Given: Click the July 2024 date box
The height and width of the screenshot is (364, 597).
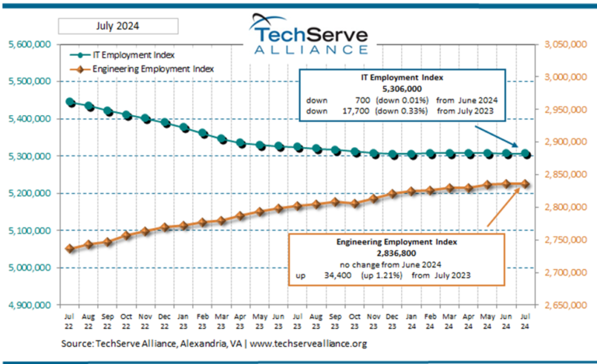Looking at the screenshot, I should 118,26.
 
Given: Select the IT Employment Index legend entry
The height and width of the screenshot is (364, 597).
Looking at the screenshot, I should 125,55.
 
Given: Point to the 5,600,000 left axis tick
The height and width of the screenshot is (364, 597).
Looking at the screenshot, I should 28,44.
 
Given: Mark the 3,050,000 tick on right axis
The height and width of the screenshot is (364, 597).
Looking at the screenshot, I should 566,45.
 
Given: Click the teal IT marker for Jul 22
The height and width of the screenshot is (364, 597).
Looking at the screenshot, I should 70,102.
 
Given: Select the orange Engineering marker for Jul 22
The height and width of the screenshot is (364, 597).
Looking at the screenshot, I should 70,248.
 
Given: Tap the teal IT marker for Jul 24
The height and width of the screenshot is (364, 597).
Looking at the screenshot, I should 525,154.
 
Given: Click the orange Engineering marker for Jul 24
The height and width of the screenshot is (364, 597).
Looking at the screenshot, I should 525,184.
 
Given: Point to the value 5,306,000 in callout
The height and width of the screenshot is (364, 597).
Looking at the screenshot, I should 402,89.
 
